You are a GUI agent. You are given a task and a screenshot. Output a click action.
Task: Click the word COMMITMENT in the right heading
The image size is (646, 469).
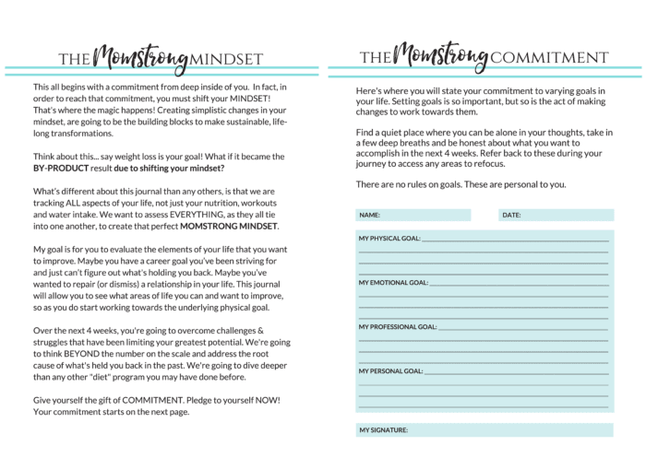[x=550, y=58]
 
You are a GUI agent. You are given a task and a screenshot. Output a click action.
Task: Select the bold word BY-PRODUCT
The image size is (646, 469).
[x=66, y=169]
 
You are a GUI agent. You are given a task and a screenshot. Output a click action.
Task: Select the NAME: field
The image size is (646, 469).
[x=413, y=215]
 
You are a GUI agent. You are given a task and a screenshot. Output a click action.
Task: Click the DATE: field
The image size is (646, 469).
[x=555, y=215]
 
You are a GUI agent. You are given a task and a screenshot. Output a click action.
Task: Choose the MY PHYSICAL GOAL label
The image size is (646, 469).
[x=389, y=239]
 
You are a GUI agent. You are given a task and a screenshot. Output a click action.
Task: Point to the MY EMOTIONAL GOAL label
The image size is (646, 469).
[x=392, y=283]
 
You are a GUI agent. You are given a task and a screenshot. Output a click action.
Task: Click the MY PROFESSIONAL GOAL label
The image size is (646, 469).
[x=398, y=327]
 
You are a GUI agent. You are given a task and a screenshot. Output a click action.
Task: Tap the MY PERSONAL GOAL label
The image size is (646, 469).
[x=390, y=371]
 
